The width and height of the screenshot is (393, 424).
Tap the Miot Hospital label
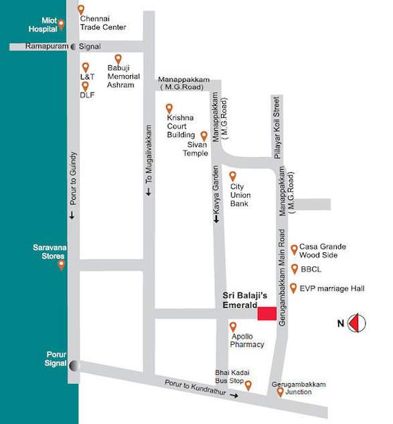tap(42, 25)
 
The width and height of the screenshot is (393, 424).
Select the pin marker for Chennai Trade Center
tap(81, 10)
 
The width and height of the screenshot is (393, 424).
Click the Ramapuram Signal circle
tap(73, 47)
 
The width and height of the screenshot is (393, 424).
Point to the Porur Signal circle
tap(74, 365)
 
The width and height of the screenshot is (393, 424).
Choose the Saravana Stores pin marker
tap(62, 264)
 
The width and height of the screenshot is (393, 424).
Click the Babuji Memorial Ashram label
tap(123, 76)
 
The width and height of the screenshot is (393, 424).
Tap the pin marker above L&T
tap(85, 67)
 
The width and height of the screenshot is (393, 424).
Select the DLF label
tap(87, 95)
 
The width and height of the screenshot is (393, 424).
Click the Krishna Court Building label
tap(181, 125)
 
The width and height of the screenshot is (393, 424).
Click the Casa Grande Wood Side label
tap(322, 251)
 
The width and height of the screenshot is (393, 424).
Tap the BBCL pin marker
tap(295, 269)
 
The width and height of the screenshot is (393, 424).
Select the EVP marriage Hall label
tap(331, 288)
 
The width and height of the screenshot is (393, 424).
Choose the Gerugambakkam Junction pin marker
tap(279, 391)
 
